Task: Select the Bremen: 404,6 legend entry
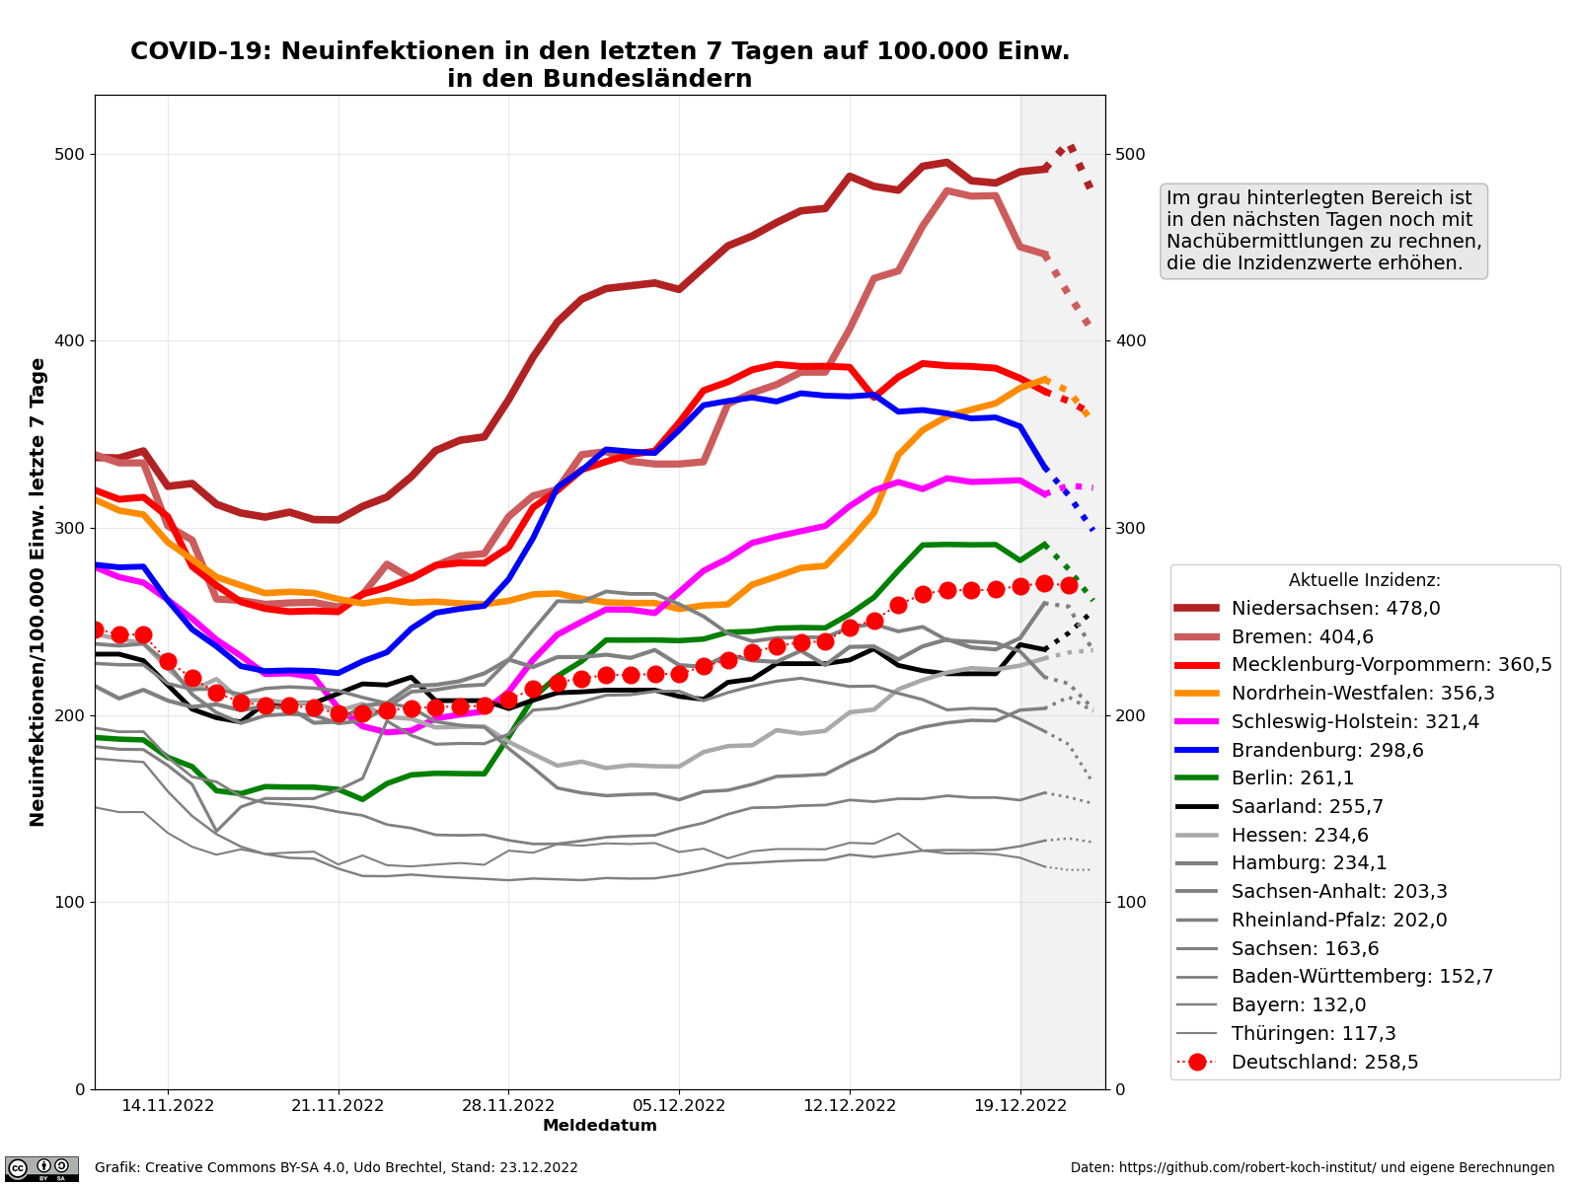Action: [x=1302, y=637]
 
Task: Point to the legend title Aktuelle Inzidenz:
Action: [x=1364, y=581]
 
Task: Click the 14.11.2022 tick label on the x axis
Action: [x=168, y=1106]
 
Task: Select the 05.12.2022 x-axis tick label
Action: [x=679, y=1106]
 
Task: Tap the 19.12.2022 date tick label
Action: [x=1020, y=1106]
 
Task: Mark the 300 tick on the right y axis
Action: [x=1129, y=529]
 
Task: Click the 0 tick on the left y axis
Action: [x=80, y=1089]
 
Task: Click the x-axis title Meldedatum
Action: [x=600, y=1126]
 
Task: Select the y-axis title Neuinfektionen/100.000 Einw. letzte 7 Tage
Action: [x=38, y=592]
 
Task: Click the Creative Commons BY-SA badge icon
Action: [x=41, y=1169]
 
